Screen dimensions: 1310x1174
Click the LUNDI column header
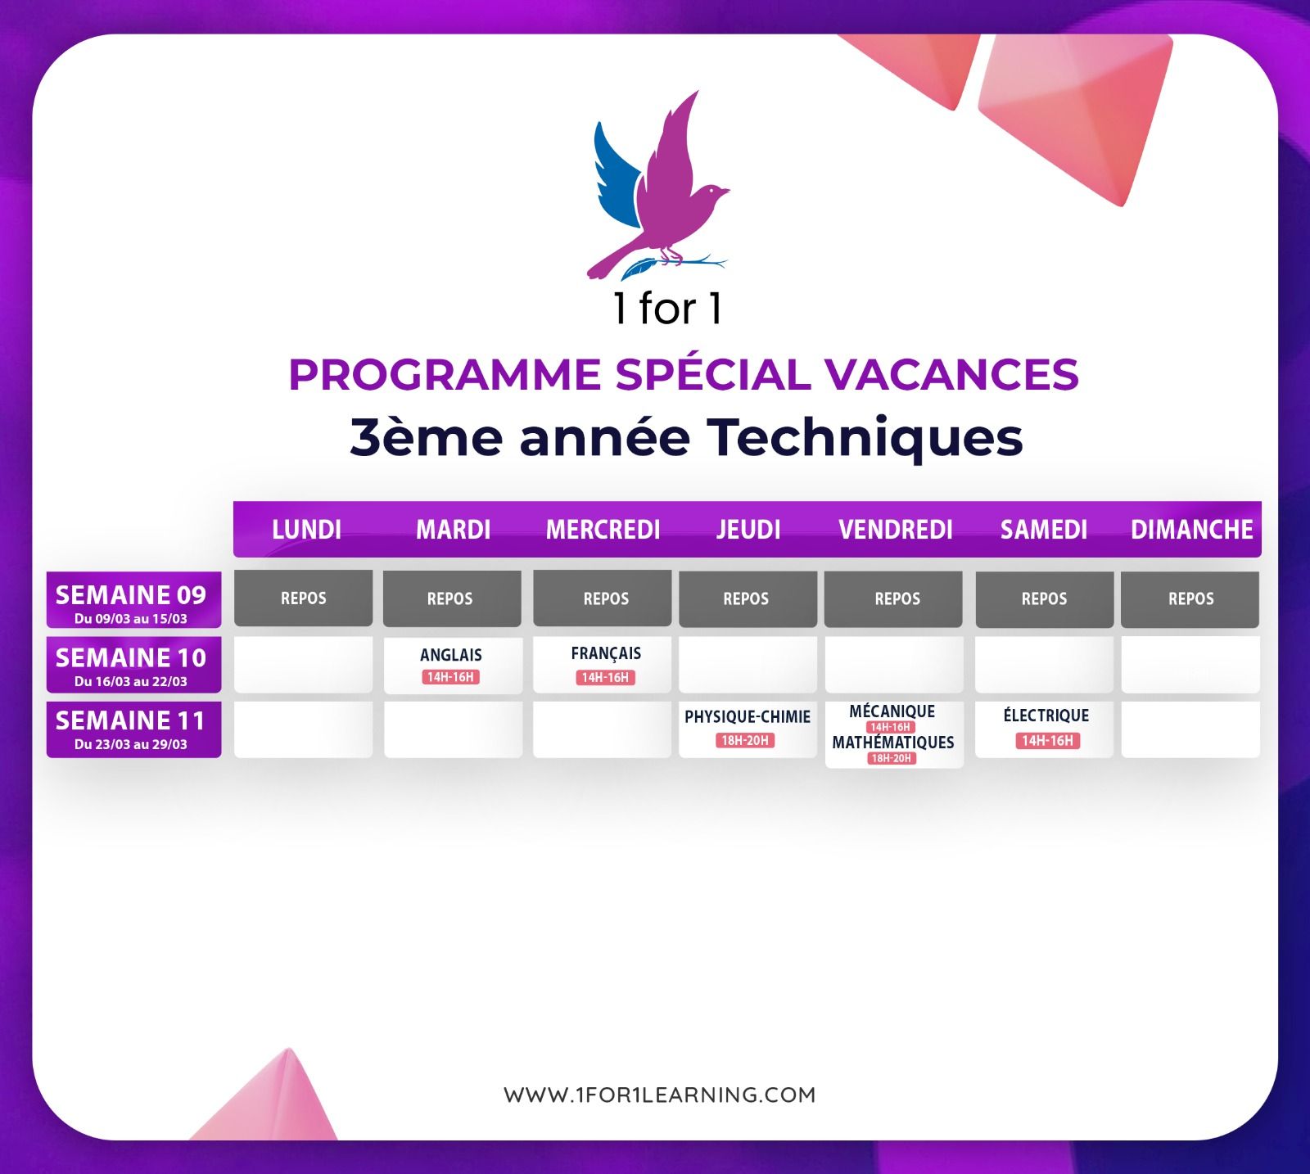click(306, 530)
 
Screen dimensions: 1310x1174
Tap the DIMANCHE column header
click(1191, 530)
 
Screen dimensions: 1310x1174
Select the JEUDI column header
click(748, 530)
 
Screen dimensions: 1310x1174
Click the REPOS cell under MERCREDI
click(602, 598)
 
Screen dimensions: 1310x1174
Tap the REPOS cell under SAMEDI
click(1044, 598)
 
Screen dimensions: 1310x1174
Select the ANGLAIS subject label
click(450, 655)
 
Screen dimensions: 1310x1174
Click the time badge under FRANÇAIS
click(605, 677)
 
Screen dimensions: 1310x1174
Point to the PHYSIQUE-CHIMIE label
click(748, 717)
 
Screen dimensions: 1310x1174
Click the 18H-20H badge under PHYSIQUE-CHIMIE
click(744, 740)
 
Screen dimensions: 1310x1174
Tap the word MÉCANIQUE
click(892, 711)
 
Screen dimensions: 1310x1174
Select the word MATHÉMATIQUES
click(893, 743)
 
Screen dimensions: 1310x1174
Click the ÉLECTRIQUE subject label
click(1046, 716)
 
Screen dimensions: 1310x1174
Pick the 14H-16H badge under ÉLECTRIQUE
click(1047, 741)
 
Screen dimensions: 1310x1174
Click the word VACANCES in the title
click(951, 374)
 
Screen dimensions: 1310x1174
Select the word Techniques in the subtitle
click(865, 436)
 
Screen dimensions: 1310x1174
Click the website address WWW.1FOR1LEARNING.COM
click(660, 1095)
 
